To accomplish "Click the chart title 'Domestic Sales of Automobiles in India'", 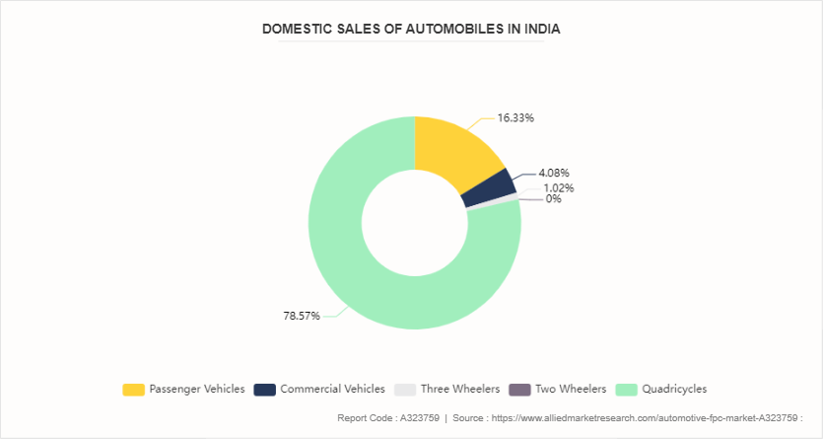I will (411, 29).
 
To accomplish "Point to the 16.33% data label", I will (515, 117).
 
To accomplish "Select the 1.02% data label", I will (559, 187).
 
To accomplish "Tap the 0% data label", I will (554, 199).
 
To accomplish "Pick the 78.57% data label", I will (302, 316).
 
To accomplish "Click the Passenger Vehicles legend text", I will (197, 389).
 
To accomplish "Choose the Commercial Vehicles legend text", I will (332, 389).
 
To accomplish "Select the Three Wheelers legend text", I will (460, 389).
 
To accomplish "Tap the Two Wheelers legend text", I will (571, 389).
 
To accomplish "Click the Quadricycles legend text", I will (674, 389).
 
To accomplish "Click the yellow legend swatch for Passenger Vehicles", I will (134, 390).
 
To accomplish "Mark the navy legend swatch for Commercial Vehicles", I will (264, 390).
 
